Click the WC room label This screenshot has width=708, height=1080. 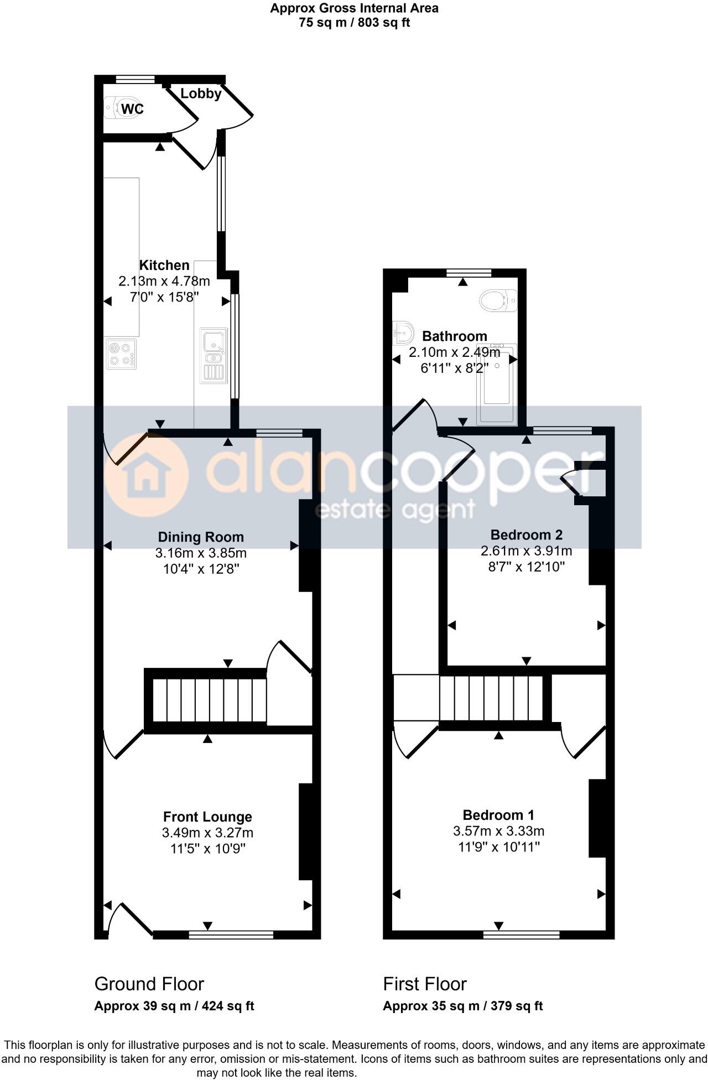[x=132, y=109]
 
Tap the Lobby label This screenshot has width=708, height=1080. [x=201, y=94]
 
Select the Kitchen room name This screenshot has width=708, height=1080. [x=164, y=265]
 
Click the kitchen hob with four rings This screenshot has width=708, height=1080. [x=122, y=354]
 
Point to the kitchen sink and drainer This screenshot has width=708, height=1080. [x=214, y=356]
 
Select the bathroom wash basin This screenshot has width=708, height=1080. [x=404, y=333]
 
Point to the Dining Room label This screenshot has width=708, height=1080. [x=201, y=537]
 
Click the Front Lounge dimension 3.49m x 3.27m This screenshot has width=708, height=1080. [x=207, y=833]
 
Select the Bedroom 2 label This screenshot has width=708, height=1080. [x=527, y=534]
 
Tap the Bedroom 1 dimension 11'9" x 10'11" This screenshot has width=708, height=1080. [x=498, y=847]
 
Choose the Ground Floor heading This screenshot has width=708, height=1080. [x=149, y=984]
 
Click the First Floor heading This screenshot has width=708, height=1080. [x=425, y=984]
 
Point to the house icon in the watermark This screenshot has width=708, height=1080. [x=146, y=476]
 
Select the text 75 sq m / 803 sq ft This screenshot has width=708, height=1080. [x=354, y=23]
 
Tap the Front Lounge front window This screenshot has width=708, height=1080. [x=231, y=935]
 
